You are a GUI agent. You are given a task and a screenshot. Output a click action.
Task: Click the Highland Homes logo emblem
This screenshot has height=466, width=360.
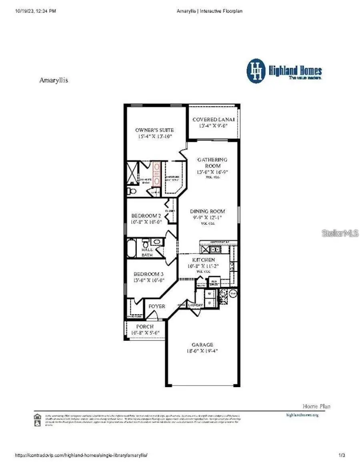[x=256, y=71]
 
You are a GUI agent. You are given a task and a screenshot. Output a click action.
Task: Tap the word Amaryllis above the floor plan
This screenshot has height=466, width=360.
[x=54, y=80]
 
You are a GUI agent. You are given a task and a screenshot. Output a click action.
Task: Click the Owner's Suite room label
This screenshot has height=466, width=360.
[x=154, y=130]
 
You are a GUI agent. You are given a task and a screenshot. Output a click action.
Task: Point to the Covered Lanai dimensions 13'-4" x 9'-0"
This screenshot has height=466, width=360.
[x=214, y=126]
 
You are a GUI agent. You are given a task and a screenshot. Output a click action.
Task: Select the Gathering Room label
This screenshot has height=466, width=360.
[x=212, y=163]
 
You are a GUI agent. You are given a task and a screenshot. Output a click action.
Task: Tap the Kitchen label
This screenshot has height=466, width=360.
[x=204, y=260]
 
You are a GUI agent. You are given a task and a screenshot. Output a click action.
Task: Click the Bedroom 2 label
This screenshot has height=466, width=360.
[x=146, y=216]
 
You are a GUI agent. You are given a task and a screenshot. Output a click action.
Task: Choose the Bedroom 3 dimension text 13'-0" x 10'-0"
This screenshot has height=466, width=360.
[x=148, y=280]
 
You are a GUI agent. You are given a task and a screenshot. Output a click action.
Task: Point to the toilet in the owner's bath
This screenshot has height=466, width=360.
[x=132, y=191]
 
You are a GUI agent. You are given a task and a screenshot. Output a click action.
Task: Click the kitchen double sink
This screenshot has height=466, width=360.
[x=214, y=250]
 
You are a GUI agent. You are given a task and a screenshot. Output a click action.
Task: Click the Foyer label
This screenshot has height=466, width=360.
[x=157, y=306]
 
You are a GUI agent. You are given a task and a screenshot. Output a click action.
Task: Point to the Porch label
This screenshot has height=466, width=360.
[x=144, y=327]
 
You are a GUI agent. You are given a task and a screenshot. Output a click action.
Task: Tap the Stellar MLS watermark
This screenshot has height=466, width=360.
[x=340, y=233]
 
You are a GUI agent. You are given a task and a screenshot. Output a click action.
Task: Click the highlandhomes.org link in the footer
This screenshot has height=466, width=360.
[x=302, y=415]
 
